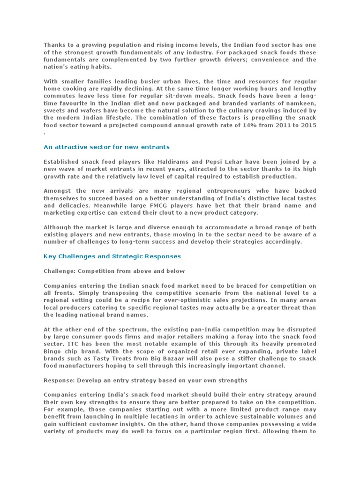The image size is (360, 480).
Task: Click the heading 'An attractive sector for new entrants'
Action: point(106,147)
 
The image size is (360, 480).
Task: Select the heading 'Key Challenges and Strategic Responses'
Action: point(112,256)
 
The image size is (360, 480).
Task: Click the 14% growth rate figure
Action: point(240,125)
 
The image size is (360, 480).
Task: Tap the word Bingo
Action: point(53,351)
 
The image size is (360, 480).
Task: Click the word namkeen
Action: point(301,104)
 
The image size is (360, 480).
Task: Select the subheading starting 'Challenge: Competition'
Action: point(114,271)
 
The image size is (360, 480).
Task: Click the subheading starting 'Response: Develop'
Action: point(145,380)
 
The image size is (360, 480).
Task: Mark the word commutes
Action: point(60,96)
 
